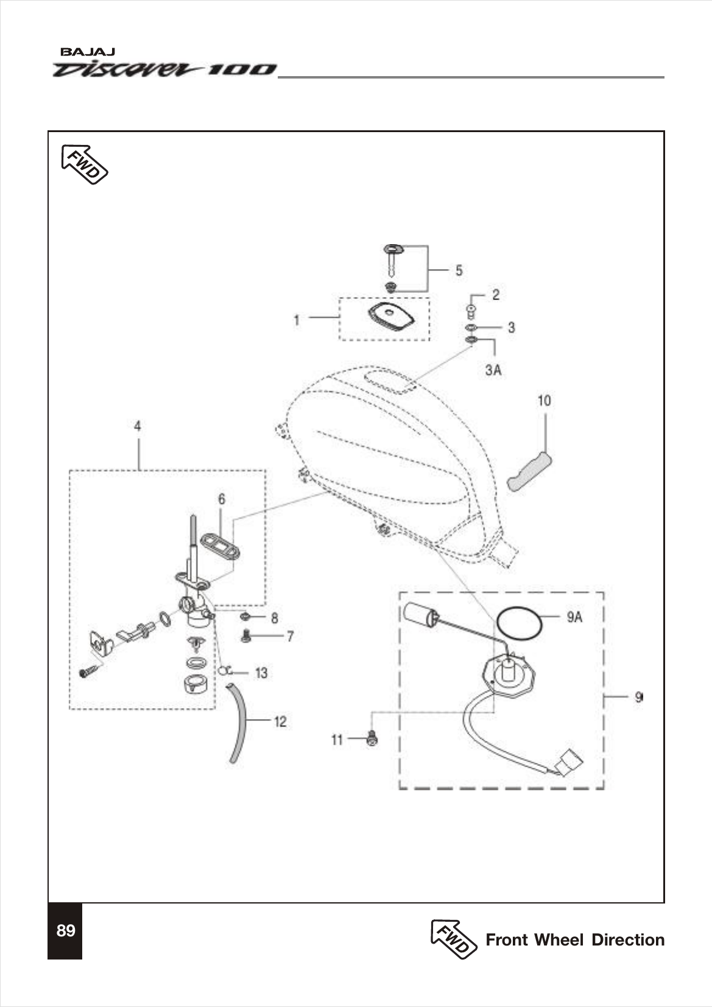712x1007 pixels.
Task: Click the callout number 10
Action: pos(544,401)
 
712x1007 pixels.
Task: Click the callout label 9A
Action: pos(574,617)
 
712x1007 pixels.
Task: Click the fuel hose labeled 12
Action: pos(238,725)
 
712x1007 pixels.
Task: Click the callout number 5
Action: pos(459,270)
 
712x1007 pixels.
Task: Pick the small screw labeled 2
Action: pos(470,312)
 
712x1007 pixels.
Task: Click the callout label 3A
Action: pos(493,370)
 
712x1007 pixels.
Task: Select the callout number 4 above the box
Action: pos(138,426)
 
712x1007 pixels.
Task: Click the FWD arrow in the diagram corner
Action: pos(84,164)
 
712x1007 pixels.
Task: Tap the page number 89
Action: pos(65,931)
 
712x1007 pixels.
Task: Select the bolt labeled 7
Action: pos(247,637)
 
